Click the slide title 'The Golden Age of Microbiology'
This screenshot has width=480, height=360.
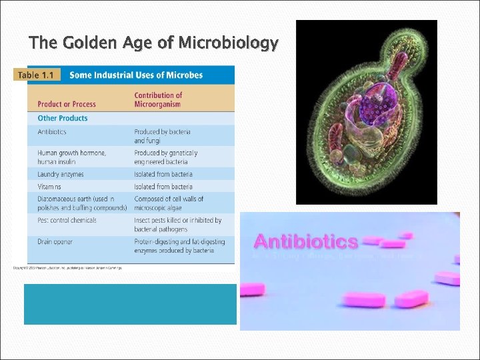pos(153,43)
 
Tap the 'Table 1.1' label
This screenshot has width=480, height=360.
pos(37,75)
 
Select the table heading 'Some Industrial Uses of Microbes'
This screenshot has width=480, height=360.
pos(136,75)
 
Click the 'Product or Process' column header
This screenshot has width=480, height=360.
pos(67,104)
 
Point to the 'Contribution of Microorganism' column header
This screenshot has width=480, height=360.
pos(158,100)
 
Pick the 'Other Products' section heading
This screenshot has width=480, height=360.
pos(63,118)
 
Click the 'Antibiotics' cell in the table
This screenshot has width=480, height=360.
pos(52,132)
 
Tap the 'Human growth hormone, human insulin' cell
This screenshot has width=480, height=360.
pos(71,157)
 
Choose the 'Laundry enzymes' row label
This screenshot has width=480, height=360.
pos(61,174)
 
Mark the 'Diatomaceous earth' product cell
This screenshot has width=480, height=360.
pos(75,203)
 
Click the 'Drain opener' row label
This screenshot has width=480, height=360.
pos(55,241)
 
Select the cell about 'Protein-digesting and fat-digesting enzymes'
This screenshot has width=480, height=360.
pos(179,245)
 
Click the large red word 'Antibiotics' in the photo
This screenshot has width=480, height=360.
pos(306,241)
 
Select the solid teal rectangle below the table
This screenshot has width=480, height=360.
pos(130,304)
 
